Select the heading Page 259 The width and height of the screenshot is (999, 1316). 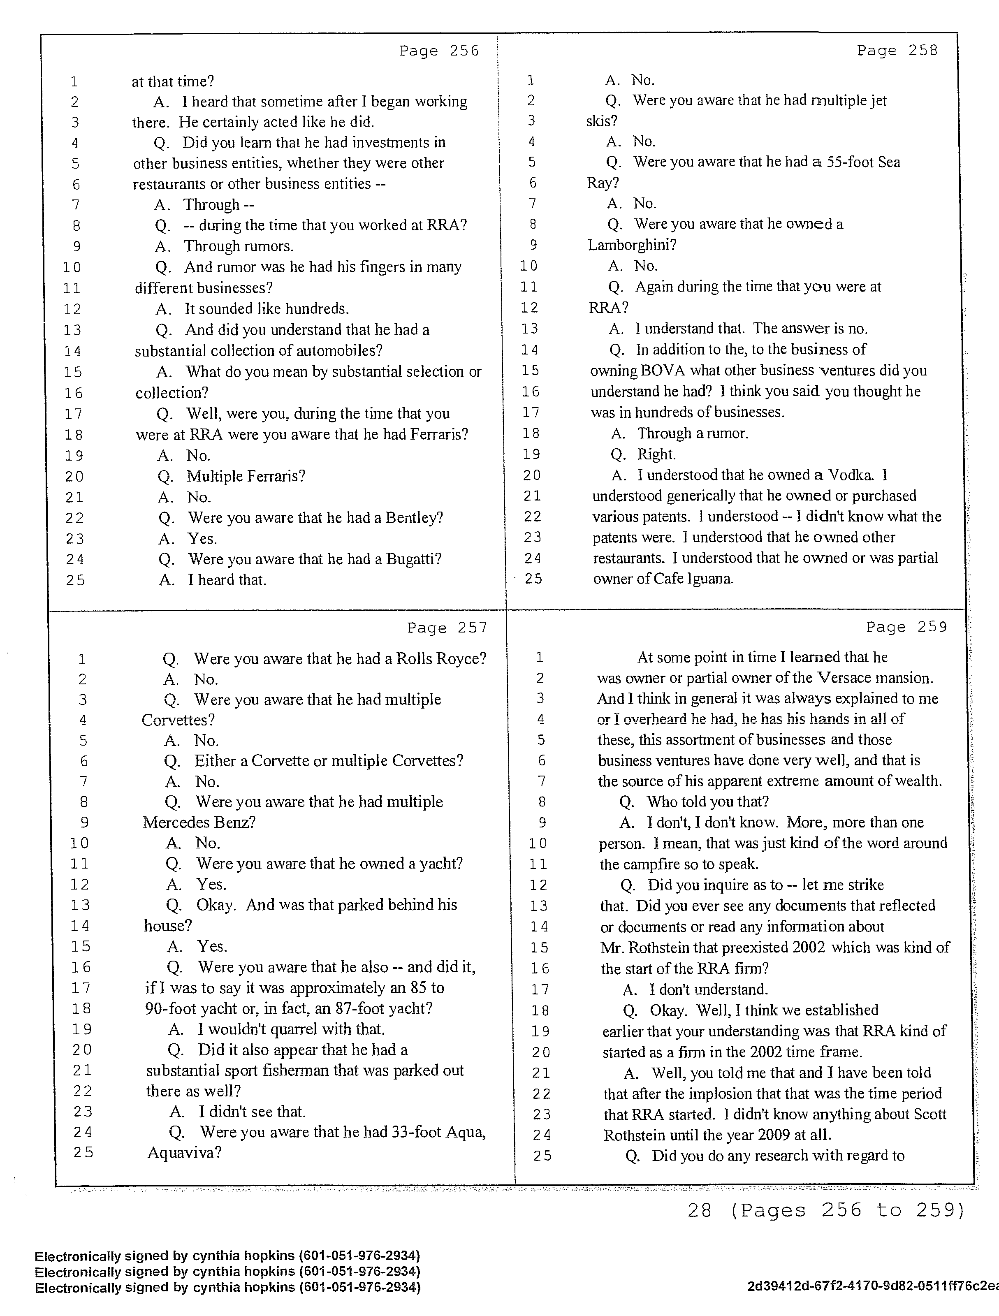pos(906,627)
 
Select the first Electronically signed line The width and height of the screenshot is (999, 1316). pos(227,1256)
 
